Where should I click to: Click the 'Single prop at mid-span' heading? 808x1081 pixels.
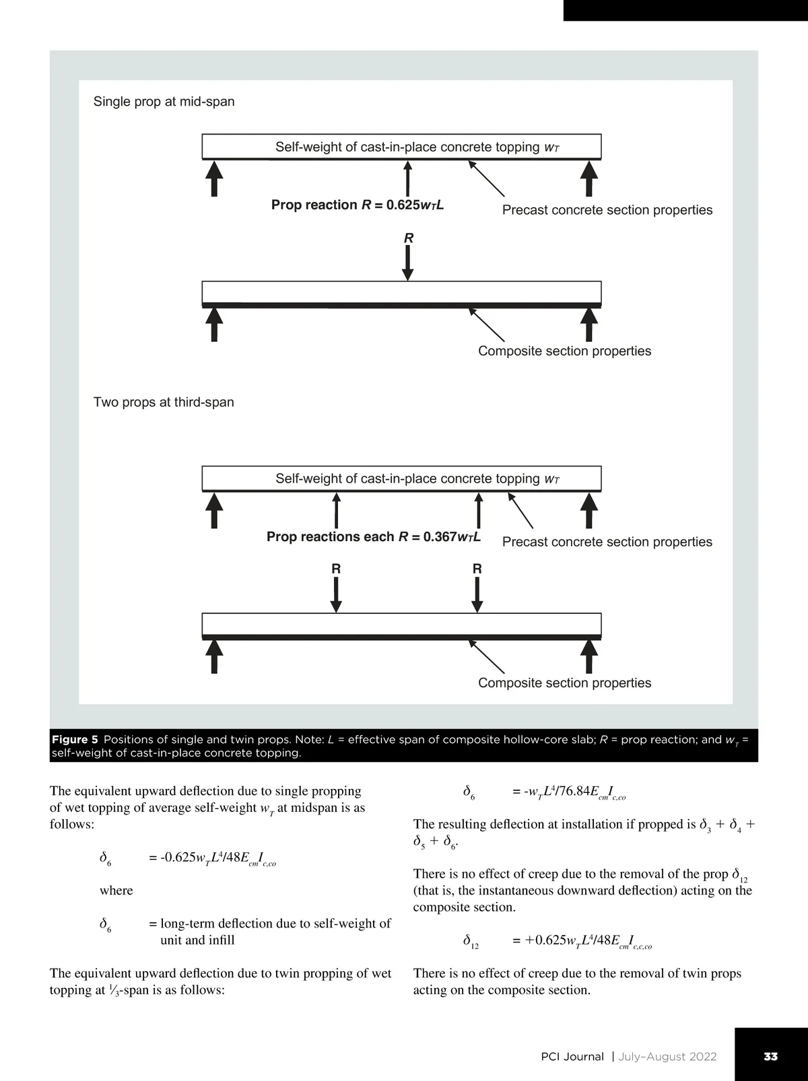click(x=164, y=102)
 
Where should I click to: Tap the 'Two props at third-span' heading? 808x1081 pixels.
click(x=164, y=403)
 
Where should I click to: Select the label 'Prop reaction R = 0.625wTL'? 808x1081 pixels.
click(x=357, y=205)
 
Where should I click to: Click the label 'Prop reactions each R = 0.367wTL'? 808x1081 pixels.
click(x=374, y=536)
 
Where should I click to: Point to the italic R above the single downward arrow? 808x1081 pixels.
click(x=408, y=238)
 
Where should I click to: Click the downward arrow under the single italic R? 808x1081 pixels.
click(x=407, y=263)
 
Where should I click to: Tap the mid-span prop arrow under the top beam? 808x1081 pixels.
click(x=407, y=178)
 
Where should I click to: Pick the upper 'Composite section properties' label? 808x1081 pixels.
click(x=564, y=351)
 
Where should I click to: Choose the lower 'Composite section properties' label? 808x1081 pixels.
click(x=564, y=683)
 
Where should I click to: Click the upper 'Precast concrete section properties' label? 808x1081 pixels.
click(x=607, y=210)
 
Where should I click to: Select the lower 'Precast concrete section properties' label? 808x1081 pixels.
click(x=607, y=542)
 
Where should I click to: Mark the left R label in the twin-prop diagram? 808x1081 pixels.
click(x=336, y=569)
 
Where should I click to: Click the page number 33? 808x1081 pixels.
click(x=770, y=1056)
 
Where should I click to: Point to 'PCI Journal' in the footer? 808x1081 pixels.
click(x=572, y=1056)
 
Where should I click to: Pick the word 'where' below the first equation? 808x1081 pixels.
click(x=116, y=891)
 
